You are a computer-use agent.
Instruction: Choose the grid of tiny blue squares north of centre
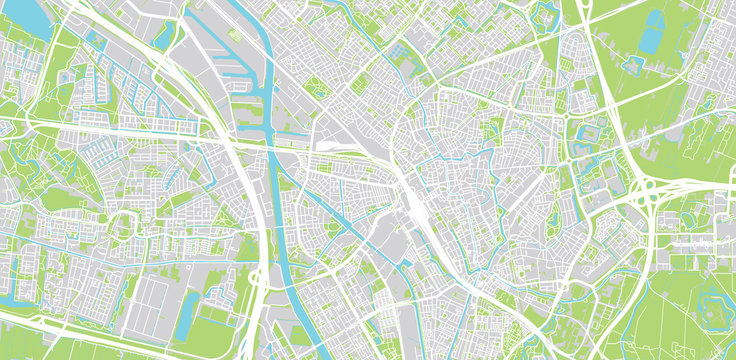399,49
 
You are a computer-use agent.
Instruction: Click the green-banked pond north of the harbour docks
166,36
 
